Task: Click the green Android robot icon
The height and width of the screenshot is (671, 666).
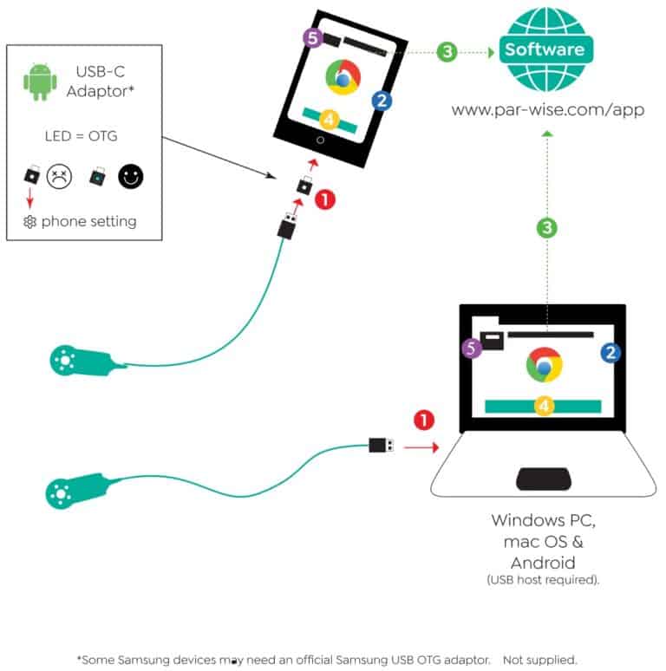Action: tap(40, 81)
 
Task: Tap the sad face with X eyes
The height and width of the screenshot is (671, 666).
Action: tap(59, 176)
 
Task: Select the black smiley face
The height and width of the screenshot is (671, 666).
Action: tap(131, 176)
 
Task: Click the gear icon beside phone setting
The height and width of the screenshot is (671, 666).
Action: tap(29, 222)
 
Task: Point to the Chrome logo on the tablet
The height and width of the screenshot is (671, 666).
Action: tap(343, 77)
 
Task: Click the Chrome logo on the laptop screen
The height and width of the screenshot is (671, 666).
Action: tap(544, 365)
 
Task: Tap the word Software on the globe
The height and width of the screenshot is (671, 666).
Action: tap(545, 49)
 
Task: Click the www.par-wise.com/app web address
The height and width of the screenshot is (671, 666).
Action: tap(547, 110)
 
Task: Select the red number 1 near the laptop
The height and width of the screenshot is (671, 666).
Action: tap(424, 420)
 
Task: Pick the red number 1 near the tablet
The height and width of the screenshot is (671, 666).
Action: tap(325, 199)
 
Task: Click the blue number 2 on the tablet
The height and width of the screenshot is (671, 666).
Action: tap(382, 101)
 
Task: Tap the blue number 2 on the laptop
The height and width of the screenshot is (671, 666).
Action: tap(610, 353)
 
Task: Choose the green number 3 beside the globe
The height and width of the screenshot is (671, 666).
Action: tap(447, 52)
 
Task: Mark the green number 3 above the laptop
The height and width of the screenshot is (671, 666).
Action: tap(547, 228)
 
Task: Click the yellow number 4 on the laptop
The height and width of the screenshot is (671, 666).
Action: tap(544, 405)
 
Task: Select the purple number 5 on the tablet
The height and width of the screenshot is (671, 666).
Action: tap(313, 37)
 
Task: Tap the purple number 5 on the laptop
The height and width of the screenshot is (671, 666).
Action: tap(471, 348)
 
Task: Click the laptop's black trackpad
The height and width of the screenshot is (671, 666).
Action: tap(544, 479)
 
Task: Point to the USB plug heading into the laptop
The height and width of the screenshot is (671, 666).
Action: tap(382, 445)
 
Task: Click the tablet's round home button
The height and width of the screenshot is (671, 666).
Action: tap(320, 140)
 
